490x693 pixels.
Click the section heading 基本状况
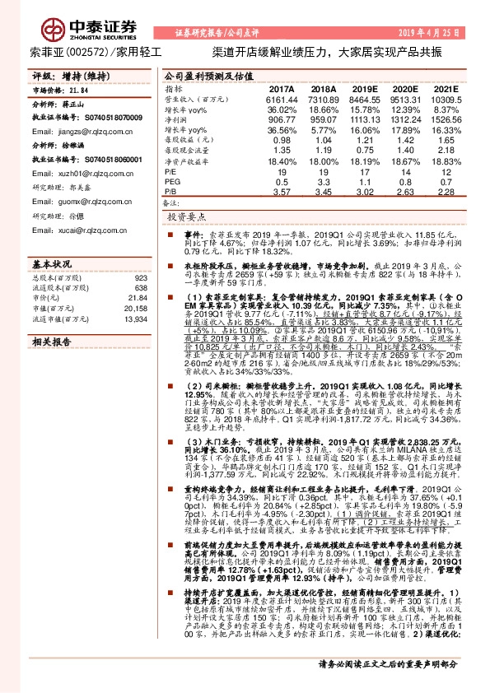pyautogui.click(x=51, y=264)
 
